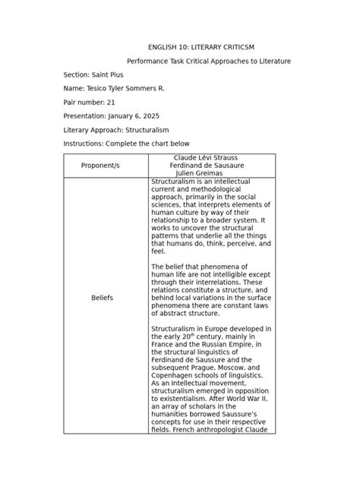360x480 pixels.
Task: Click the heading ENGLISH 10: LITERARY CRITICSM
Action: tap(197, 47)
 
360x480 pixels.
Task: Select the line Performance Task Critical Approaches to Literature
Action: tap(208, 61)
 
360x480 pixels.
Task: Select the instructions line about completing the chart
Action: tap(126, 144)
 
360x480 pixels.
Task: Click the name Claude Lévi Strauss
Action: tap(212, 157)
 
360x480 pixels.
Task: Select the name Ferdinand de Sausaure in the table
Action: tap(212, 165)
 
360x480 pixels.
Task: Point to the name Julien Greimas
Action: tap(212, 173)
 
